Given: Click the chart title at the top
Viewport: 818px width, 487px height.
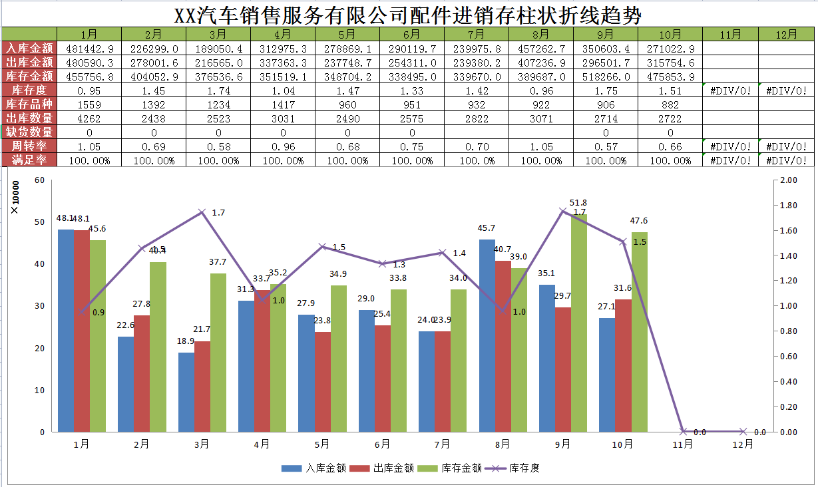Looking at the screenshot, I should click(x=409, y=15).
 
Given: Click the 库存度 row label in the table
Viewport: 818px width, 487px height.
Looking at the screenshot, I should click(x=29, y=90).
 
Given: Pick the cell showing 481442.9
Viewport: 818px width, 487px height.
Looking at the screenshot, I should click(x=89, y=49).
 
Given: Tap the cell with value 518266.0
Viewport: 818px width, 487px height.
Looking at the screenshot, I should click(x=605, y=77).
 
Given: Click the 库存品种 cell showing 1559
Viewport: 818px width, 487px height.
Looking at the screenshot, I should click(x=89, y=104).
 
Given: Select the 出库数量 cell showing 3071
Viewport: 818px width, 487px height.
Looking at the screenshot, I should click(x=540, y=118).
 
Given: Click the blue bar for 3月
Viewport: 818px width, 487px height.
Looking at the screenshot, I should click(x=186, y=392).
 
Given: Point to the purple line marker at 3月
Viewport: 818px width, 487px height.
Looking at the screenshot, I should click(x=202, y=212).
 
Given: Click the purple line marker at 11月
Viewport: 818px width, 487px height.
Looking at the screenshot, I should click(x=683, y=431).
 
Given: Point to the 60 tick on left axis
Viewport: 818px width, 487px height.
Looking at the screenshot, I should click(x=39, y=180).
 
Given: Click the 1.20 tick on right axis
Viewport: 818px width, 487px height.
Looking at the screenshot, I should click(x=789, y=281).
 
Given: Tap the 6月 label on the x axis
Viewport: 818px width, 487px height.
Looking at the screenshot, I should click(x=382, y=444).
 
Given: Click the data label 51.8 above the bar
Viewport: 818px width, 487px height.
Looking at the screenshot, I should click(x=578, y=203).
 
